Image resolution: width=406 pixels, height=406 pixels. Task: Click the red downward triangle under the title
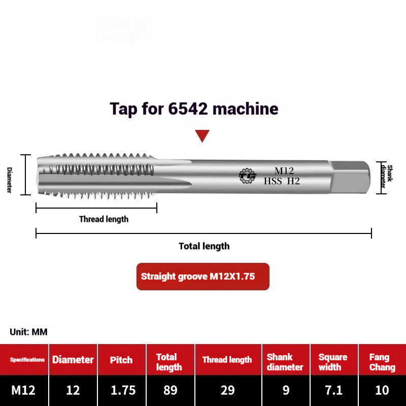202,136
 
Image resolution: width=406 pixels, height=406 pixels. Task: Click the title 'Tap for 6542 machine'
194,109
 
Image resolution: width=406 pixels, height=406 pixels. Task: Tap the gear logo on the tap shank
248,175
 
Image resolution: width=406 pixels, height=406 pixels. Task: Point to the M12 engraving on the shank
284,171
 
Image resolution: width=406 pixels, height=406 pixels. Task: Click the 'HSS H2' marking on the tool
282,181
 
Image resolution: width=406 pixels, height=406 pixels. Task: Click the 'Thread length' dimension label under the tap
104,219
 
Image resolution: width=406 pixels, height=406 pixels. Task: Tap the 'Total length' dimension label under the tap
204,246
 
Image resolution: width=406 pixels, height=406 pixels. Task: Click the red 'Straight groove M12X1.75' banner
202,277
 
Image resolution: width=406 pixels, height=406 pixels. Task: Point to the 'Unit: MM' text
28,332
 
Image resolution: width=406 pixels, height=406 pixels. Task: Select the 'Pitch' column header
122,360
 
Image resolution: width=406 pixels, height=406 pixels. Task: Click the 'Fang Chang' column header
382,362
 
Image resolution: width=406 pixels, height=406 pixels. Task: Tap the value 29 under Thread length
227,390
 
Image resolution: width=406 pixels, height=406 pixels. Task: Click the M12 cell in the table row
23,390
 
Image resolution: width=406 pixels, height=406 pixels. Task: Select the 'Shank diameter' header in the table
285,362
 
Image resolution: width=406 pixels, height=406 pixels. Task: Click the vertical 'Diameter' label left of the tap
9,180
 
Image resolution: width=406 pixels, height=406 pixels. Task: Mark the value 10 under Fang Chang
382,390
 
